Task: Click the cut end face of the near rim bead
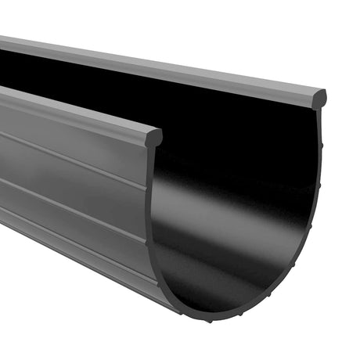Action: (153, 137)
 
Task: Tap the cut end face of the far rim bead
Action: (319, 99)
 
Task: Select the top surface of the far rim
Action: (157, 67)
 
